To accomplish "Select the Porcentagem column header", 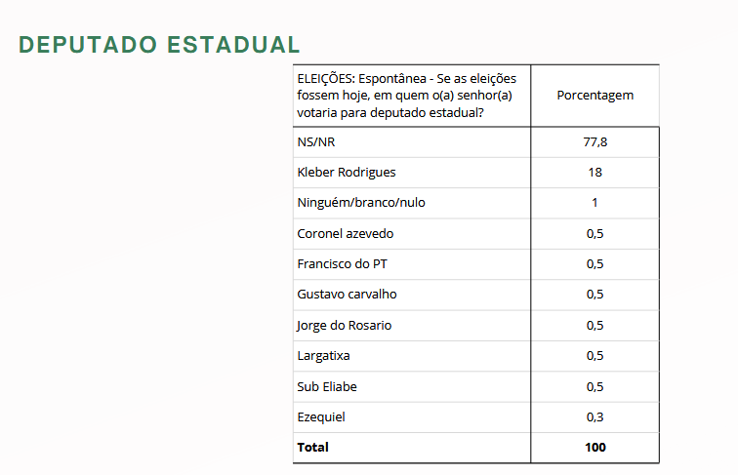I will click(x=594, y=96).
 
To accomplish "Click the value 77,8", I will click(x=594, y=141).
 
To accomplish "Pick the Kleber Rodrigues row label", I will click(x=347, y=173).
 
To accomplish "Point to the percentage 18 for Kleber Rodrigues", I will click(x=594, y=173).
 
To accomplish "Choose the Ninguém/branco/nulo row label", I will click(x=361, y=203).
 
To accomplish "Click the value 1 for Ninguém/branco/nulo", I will click(x=594, y=203).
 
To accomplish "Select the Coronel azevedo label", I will click(x=346, y=234).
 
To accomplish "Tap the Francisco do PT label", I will click(x=342, y=264).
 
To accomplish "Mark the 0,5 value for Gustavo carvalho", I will click(x=594, y=295).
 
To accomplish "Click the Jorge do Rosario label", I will click(x=344, y=326).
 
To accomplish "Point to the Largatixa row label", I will click(x=324, y=356).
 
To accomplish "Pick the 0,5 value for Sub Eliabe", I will click(x=594, y=387).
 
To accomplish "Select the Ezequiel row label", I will click(x=321, y=417).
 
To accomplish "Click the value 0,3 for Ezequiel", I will click(x=594, y=417).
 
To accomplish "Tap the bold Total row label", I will click(x=313, y=448).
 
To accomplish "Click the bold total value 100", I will click(x=594, y=448).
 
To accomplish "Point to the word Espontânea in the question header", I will click(x=397, y=78).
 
